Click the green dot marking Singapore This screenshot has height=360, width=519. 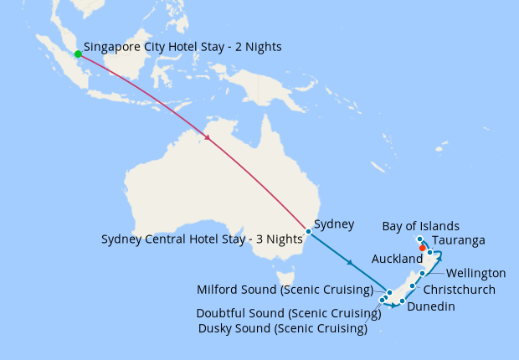click(78, 54)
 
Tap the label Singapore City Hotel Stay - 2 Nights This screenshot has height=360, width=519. click(182, 48)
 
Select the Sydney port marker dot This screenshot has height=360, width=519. click(309, 231)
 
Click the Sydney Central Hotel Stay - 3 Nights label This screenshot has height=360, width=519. click(202, 239)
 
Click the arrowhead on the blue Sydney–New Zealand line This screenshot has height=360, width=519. click(351, 265)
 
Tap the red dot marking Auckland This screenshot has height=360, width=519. click(423, 248)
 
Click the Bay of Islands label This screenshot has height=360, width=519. click(421, 226)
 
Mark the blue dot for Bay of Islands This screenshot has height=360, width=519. click(419, 239)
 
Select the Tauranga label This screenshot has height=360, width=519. click(460, 240)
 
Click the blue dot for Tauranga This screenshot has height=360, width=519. click(430, 252)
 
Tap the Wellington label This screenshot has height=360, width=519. click(475, 273)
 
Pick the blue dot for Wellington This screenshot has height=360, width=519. click(423, 273)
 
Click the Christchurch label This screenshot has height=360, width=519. click(460, 290)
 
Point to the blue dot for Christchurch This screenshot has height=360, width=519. click(413, 286)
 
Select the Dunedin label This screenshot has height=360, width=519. click(431, 306)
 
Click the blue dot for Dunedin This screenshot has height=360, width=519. click(403, 301)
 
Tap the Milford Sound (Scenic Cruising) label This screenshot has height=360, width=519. click(285, 291)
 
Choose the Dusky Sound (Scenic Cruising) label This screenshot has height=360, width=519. click(283, 328)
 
